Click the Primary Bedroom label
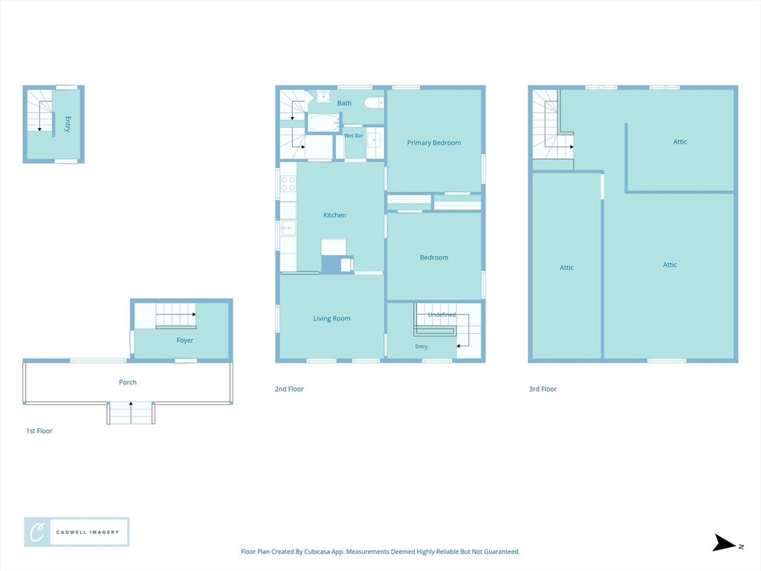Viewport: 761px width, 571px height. pos(434,143)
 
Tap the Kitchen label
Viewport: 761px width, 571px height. pos(335,215)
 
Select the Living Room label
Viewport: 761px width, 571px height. pos(332,318)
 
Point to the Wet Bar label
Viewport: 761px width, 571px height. pos(354,135)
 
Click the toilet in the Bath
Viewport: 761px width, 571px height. pos(374,103)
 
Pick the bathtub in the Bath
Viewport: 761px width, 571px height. pos(323,123)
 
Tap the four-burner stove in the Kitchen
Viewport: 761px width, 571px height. pos(288,183)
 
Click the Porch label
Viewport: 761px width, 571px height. pos(128,382)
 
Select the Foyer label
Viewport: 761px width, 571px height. pos(185,341)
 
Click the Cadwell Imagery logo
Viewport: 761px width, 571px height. pos(77,532)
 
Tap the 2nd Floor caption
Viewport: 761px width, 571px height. pos(289,389)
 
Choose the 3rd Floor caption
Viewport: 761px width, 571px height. pos(543,389)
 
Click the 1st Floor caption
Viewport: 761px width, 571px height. pos(39,430)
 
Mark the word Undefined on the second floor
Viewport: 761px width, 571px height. pos(441,314)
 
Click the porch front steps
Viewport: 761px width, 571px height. pos(131,413)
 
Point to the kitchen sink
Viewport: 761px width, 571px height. pos(288,228)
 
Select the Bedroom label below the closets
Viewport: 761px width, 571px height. pos(434,257)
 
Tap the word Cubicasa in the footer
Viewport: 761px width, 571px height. pos(317,552)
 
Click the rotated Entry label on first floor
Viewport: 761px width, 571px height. pos(68,124)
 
